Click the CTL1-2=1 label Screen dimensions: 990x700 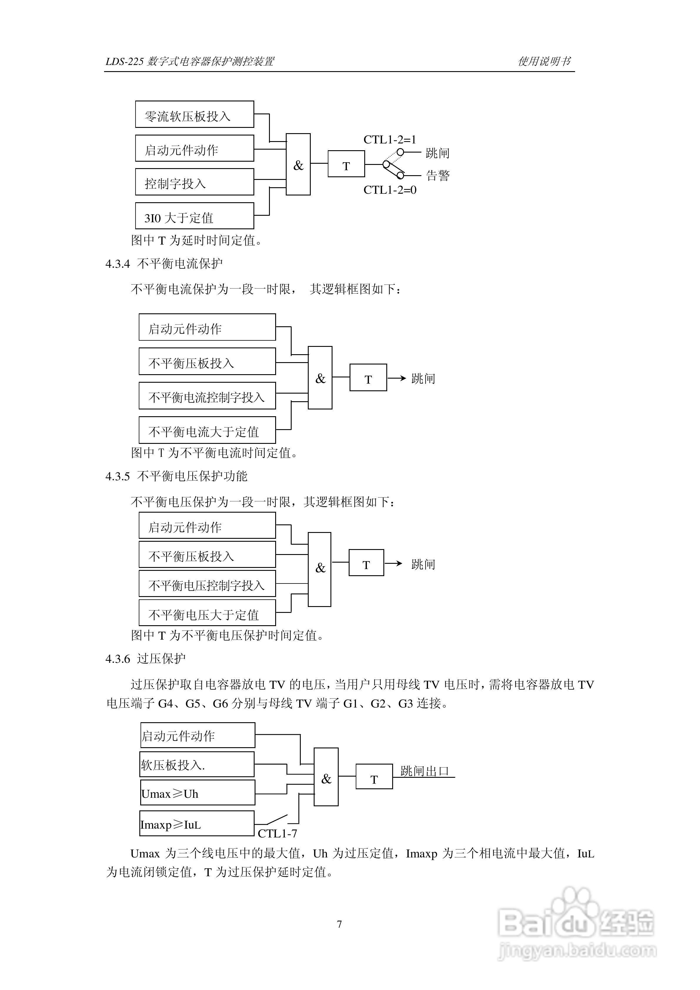pyautogui.click(x=390, y=140)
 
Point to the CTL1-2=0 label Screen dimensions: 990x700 pyautogui.click(x=390, y=190)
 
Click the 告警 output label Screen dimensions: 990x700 pyautogui.click(x=438, y=175)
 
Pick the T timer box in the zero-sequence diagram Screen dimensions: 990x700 pyautogui.click(x=346, y=164)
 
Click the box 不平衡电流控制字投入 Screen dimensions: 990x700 pyautogui.click(x=207, y=396)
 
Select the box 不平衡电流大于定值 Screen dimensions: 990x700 pyautogui.click(x=207, y=430)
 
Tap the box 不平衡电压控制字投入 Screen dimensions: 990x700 pyautogui.click(x=207, y=584)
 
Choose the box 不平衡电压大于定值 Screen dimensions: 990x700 pyautogui.click(x=207, y=613)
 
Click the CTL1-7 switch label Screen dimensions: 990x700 pyautogui.click(x=277, y=834)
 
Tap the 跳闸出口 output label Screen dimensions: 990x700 pyautogui.click(x=425, y=771)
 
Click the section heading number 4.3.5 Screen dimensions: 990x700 pyautogui.click(x=117, y=476)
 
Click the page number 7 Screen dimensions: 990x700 pyautogui.click(x=340, y=924)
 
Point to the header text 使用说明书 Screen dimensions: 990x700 pyautogui.click(x=544, y=61)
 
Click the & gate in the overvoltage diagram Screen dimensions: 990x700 pyautogui.click(x=326, y=777)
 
